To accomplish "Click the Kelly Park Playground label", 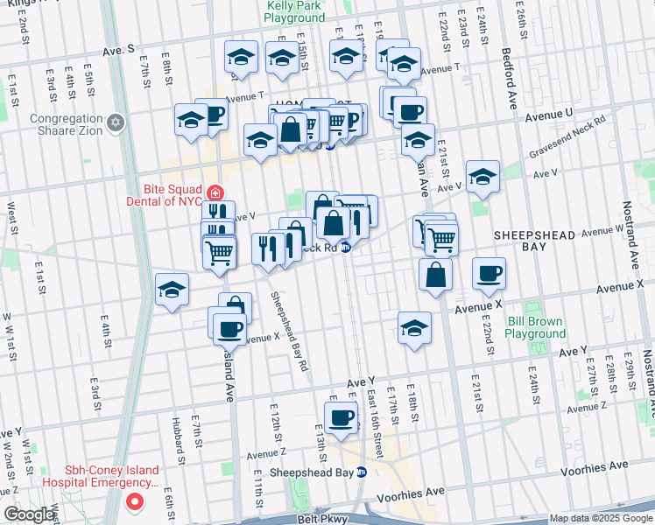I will (294, 11).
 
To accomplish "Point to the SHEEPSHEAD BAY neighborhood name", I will (532, 241).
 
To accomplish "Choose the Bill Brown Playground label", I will (537, 327).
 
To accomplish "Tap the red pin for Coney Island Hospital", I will (134, 501).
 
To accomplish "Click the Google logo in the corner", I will (29, 514).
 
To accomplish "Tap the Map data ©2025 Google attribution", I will (601, 518).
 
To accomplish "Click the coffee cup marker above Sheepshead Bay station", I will (341, 416).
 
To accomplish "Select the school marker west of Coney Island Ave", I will (172, 289).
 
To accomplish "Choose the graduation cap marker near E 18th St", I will (414, 327).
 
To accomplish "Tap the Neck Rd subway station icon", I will (346, 248).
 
